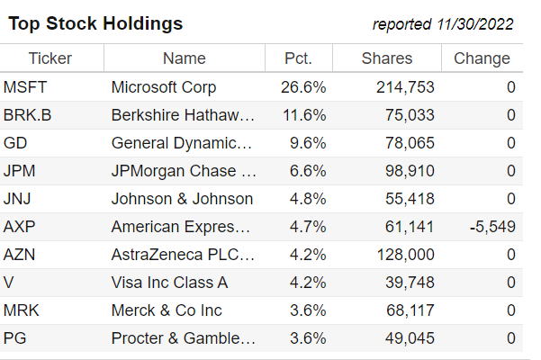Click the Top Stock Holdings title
point(95,23)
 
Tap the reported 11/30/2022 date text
point(443,24)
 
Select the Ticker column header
point(50,58)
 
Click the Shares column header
point(387,58)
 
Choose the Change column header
point(482,58)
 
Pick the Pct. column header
point(298,58)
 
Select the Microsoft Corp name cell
point(164,87)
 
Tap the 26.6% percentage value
point(304,87)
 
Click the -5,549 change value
point(492,227)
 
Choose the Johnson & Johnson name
point(182,199)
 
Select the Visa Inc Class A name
point(169,283)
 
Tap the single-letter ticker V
point(9,283)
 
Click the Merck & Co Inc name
point(167,310)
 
